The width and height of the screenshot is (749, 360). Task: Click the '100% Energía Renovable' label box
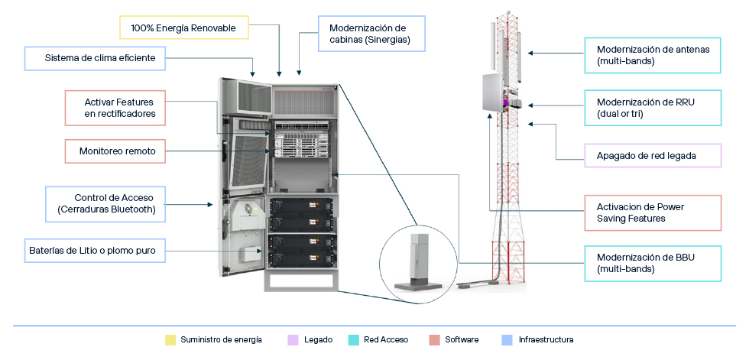point(184,28)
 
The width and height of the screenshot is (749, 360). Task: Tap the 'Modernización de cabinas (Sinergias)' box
point(371,34)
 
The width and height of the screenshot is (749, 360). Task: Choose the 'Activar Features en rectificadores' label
point(115,108)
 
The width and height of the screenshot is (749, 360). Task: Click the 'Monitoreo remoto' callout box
point(115,151)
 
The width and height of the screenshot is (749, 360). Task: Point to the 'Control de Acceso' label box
point(105,204)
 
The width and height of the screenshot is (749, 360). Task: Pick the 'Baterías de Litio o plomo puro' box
point(95,250)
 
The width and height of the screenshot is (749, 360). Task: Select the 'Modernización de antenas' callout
point(653,55)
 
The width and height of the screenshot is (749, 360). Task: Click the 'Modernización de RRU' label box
point(653,108)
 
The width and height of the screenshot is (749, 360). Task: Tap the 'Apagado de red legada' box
point(653,156)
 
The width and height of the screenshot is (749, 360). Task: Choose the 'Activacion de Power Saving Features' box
point(653,213)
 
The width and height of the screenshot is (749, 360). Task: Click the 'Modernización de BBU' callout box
point(653,264)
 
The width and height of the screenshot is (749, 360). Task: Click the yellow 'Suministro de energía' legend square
point(170,340)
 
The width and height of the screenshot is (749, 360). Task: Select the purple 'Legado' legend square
point(292,340)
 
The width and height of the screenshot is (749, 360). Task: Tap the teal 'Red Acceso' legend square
point(353,340)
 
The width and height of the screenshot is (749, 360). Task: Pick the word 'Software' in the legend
point(462,340)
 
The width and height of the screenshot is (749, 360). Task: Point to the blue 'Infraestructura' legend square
point(507,340)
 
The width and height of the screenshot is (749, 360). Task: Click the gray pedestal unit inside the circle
point(417,263)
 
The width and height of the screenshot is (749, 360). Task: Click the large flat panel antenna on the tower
point(491,93)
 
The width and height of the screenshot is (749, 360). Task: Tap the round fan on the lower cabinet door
point(238,208)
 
